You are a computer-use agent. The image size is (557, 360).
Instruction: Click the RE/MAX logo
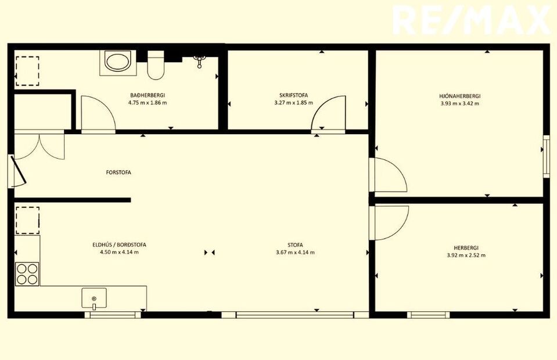pos(472,20)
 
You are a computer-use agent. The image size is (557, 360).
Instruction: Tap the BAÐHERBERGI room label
pos(148,95)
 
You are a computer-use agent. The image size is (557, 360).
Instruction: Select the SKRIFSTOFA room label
pos(293,95)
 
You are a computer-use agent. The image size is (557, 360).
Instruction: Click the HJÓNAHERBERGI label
pos(459,96)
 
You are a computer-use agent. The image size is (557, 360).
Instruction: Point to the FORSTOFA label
pos(118,172)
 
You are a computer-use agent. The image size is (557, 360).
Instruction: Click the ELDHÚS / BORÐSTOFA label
pos(120,244)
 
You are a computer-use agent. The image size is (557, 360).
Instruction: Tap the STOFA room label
pos(295,245)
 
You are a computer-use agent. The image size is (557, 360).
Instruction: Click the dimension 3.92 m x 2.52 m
pos(466,255)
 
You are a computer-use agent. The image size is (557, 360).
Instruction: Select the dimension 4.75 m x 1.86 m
pos(148,103)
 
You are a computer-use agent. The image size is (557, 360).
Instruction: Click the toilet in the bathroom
pos(156,65)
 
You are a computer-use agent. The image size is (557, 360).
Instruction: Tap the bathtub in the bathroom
pos(118,63)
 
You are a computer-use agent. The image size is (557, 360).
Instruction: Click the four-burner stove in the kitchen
pos(27,274)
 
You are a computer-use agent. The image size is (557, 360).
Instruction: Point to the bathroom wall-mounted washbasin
pos(200,61)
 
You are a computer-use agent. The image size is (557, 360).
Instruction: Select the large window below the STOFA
pos(295,315)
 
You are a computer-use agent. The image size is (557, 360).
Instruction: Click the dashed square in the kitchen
pos(27,221)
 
